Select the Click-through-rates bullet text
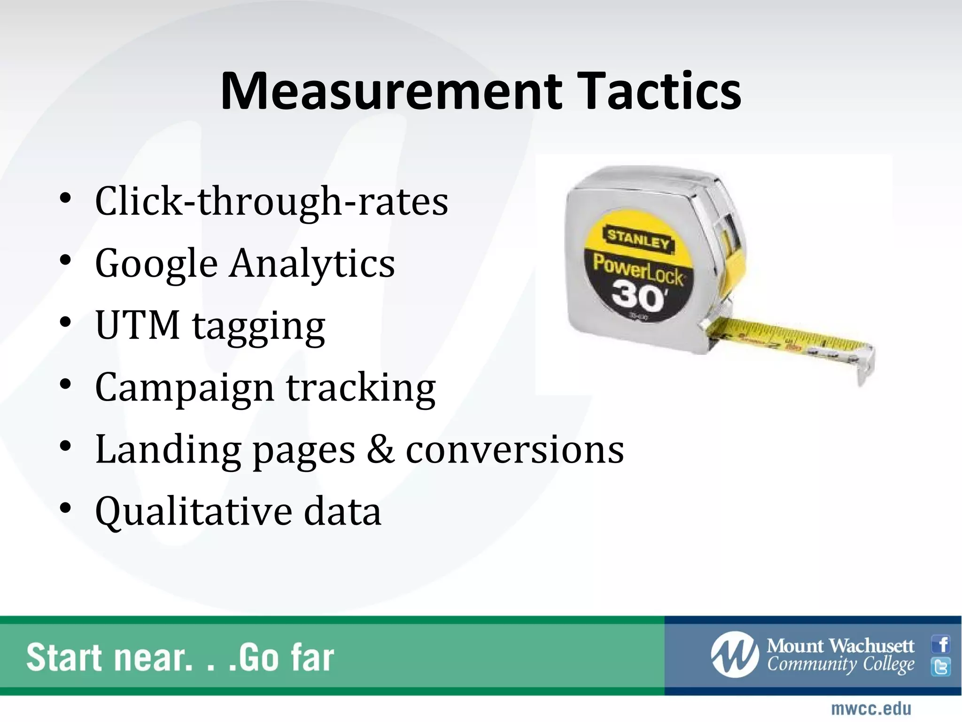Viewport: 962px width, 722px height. tap(272, 202)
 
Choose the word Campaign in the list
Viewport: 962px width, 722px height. tap(185, 388)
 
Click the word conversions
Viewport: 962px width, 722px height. tap(515, 450)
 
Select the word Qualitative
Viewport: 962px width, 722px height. tap(193, 511)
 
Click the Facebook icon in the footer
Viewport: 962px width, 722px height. tap(941, 644)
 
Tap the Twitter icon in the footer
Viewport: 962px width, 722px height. tap(941, 667)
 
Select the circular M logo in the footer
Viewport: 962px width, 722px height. tap(734, 655)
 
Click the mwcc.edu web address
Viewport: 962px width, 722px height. tap(871, 708)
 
